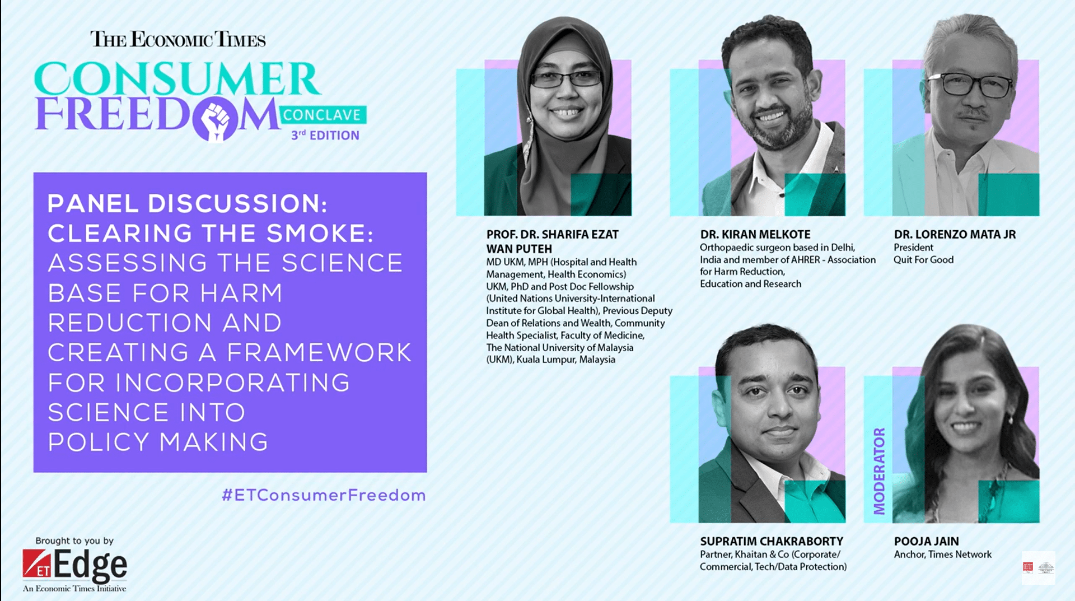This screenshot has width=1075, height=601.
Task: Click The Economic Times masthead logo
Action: coord(178,39)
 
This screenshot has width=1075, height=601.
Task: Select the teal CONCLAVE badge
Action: coord(322,115)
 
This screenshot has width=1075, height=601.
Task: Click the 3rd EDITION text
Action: coord(325,135)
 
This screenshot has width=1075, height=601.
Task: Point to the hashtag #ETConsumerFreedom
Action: coord(324,495)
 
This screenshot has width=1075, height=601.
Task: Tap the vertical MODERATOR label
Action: coord(880,471)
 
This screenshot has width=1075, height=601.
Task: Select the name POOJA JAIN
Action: coord(927,541)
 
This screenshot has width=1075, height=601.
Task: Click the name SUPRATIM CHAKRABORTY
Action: coord(772,541)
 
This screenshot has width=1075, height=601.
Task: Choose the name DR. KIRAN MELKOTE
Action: coord(755,234)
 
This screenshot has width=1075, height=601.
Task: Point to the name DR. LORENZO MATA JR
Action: coord(955,234)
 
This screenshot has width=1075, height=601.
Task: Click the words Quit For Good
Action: coord(924,260)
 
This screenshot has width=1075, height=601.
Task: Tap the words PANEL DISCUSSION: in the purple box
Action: coord(188,203)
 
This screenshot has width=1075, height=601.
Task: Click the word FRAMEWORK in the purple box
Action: coord(319,353)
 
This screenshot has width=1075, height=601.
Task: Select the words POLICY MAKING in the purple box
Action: coord(158,442)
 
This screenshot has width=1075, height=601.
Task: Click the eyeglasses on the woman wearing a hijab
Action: coord(565,79)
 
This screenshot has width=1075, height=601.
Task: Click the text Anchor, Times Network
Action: coord(943,554)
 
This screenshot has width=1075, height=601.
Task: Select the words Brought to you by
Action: coord(74,541)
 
